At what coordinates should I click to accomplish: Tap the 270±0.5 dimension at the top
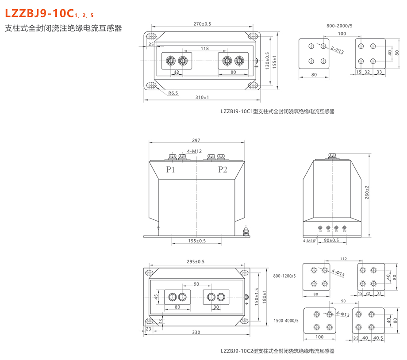click(x=202, y=23)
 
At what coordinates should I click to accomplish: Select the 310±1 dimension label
click(x=202, y=97)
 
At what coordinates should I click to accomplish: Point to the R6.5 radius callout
click(x=173, y=93)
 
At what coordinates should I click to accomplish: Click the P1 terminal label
click(x=171, y=169)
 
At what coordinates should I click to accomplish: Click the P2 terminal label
click(x=223, y=169)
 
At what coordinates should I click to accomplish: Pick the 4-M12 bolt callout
click(x=195, y=151)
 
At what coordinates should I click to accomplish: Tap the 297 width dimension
click(x=196, y=141)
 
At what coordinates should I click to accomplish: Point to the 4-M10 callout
click(x=309, y=241)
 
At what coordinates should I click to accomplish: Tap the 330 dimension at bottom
click(x=196, y=332)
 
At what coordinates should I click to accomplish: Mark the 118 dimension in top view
click(x=204, y=48)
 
